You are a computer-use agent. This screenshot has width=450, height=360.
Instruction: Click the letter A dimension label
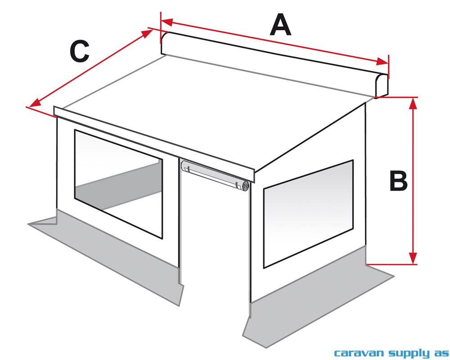click(280, 25)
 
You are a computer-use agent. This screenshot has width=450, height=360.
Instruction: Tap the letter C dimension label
click(79, 52)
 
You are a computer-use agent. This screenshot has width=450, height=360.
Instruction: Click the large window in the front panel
click(118, 184)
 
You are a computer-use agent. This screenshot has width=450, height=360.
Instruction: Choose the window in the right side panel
click(308, 212)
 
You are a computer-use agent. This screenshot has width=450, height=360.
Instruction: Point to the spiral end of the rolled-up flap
click(245, 186)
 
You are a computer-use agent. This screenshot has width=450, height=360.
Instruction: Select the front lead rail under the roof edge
click(153, 139)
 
